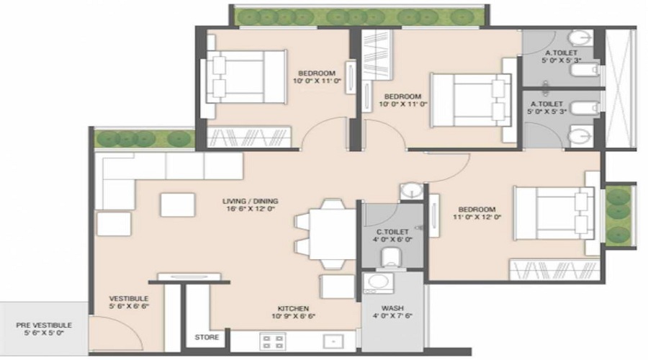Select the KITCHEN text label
(x=291, y=306)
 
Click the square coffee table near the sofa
(x=177, y=204)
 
